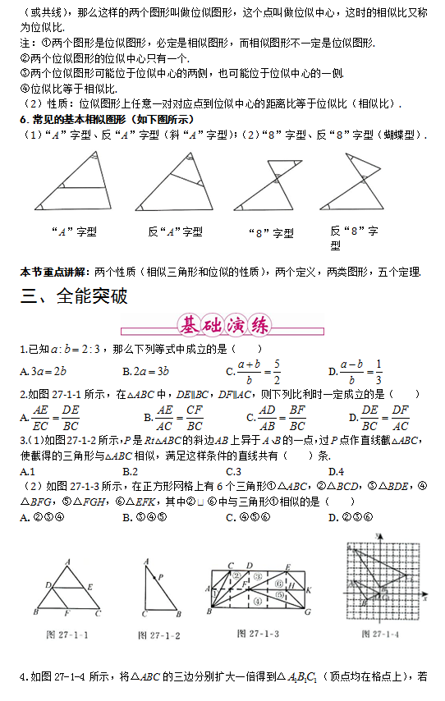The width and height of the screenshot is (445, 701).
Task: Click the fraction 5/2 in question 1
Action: [x=277, y=371]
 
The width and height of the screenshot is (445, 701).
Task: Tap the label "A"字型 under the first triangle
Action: [x=74, y=232]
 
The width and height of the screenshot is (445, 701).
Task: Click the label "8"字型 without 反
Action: [x=270, y=233]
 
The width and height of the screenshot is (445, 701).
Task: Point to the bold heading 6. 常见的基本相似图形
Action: [x=107, y=119]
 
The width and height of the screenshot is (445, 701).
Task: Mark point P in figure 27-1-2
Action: [x=161, y=577]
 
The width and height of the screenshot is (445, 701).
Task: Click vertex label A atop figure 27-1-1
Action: [x=67, y=561]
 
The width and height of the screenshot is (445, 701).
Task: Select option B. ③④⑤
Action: [x=145, y=517]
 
